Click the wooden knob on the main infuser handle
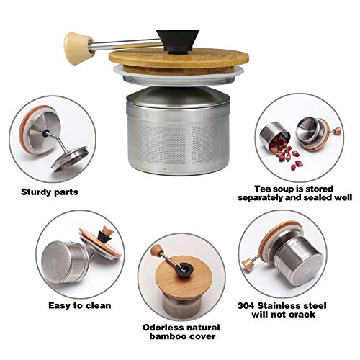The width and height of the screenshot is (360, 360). point(73,40)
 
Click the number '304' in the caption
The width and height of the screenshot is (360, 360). point(249,305)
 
